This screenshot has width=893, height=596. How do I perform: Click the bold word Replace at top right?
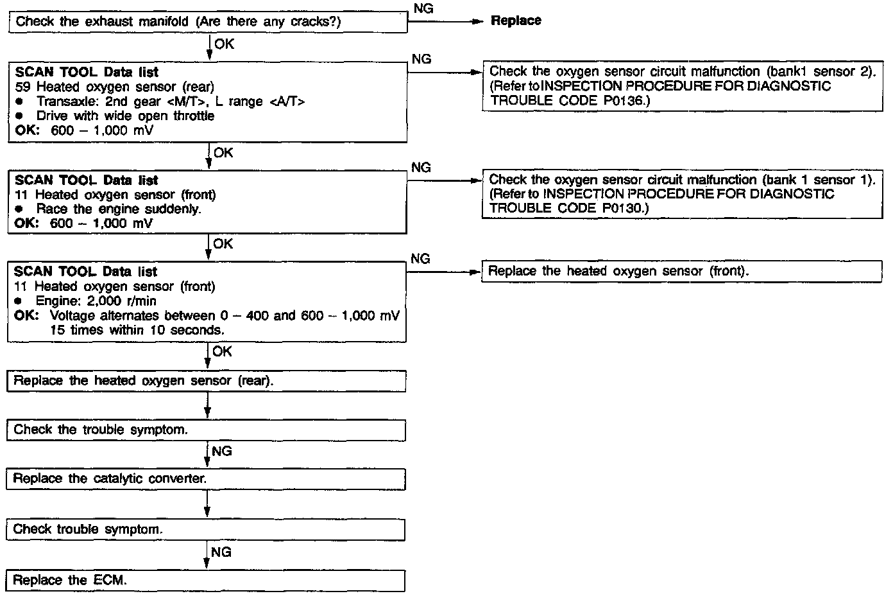[516, 21]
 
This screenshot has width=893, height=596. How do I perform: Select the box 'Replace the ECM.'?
[206, 580]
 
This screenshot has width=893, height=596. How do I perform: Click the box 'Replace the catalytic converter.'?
[206, 479]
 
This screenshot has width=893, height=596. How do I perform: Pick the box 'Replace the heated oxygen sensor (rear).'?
[206, 381]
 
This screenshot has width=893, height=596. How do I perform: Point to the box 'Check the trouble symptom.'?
[206, 430]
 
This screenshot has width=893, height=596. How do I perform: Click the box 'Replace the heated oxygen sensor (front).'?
[681, 272]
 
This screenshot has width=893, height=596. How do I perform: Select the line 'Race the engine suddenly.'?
[119, 209]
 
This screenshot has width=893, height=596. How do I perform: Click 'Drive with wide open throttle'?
[125, 116]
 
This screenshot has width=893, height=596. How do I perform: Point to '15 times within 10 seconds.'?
[137, 330]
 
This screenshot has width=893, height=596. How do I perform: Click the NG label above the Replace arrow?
[423, 8]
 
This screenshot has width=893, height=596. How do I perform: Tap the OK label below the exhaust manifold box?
[225, 44]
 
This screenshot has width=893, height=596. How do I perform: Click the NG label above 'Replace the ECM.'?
[221, 552]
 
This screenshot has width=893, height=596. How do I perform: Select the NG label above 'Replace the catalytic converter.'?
[221, 451]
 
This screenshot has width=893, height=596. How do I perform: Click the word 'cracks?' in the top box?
[312, 22]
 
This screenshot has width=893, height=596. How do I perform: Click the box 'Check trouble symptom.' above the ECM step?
[206, 530]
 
